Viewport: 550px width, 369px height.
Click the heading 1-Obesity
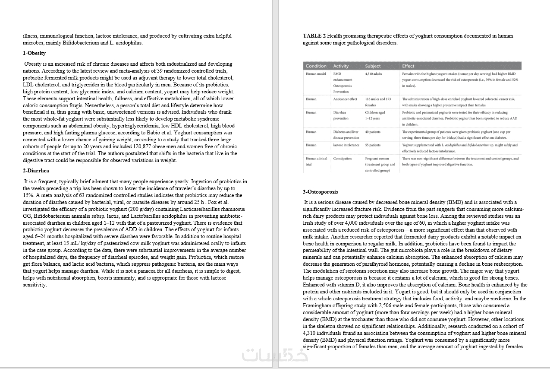[34, 53]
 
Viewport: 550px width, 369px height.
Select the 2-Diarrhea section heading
[36, 171]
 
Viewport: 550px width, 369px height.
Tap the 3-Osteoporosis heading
[320, 191]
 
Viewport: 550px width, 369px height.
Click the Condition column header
[316, 66]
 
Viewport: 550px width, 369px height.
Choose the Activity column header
[341, 66]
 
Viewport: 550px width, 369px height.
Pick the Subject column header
[373, 66]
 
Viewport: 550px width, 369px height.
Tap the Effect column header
[408, 66]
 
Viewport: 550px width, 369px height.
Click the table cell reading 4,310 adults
[374, 74]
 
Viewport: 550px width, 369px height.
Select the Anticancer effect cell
[345, 99]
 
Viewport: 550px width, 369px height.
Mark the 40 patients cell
[373, 132]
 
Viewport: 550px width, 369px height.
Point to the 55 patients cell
[373, 145]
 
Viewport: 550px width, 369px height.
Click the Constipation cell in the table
[342, 159]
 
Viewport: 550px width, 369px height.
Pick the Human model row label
[316, 74]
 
